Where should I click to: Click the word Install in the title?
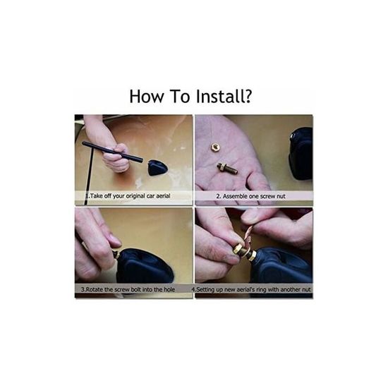click(x=217, y=96)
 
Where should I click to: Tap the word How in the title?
click(x=147, y=97)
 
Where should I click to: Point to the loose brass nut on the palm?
click(x=214, y=147)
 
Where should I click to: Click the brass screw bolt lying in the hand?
click(x=227, y=168)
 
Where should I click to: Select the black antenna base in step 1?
click(x=157, y=167)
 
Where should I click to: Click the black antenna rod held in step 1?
click(x=112, y=151)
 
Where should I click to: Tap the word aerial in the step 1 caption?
click(x=163, y=195)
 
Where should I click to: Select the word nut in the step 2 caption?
click(x=281, y=197)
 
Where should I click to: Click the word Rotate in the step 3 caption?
click(x=94, y=289)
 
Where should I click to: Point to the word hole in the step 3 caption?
click(x=169, y=289)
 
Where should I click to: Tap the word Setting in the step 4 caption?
click(x=205, y=289)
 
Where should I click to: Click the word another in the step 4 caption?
click(x=290, y=289)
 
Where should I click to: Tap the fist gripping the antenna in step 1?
click(x=116, y=157)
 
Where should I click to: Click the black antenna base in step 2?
click(x=301, y=153)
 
